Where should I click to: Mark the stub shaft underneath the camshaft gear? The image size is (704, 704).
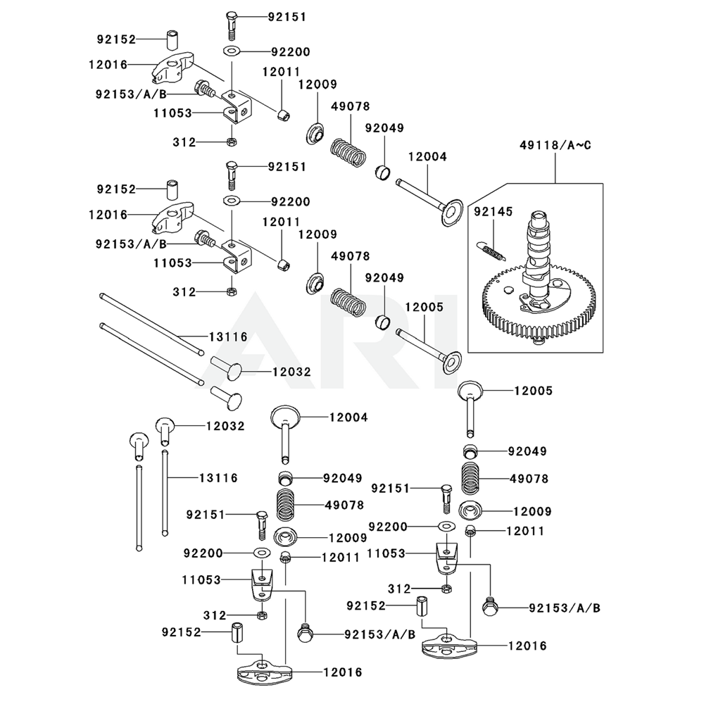539,342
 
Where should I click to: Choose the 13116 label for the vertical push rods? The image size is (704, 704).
218,478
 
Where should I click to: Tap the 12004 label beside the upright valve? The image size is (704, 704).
348,417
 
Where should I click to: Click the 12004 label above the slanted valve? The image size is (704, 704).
427,157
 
